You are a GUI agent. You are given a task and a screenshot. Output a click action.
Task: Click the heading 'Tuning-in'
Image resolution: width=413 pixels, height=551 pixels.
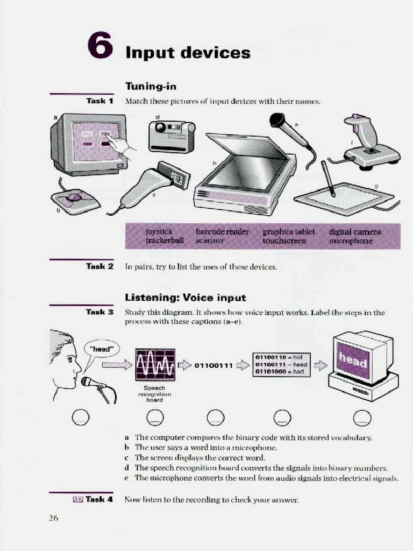151,86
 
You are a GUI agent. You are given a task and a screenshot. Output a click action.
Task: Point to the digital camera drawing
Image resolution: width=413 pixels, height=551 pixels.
172,136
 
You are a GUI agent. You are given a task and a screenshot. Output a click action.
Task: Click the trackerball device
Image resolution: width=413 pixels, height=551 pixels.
75,200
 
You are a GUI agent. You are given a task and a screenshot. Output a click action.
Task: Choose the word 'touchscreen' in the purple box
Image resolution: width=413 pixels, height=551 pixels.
284,241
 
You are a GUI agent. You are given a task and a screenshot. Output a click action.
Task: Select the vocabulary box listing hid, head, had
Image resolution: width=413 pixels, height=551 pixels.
282,364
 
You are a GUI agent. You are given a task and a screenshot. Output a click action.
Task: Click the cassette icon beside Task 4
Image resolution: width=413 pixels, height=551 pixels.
77,499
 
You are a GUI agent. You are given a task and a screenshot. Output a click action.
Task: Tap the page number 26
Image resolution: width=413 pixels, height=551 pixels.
53,518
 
